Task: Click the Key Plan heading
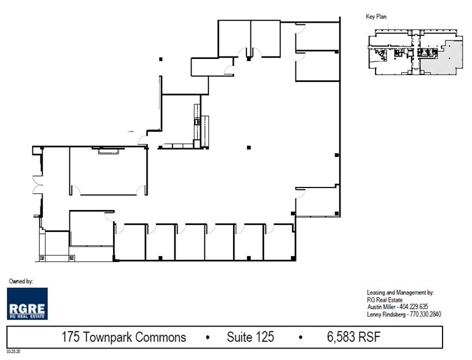tap(376, 17)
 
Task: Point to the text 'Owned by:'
tap(21, 281)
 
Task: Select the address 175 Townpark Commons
tap(123, 337)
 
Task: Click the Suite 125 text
tap(250, 337)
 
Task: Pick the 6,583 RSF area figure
tap(352, 337)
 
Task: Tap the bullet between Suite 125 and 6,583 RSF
tap(300, 337)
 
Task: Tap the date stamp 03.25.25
tap(13, 350)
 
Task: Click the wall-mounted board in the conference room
tap(108, 151)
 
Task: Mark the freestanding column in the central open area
tap(249, 148)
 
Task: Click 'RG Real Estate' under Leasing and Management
tap(385, 299)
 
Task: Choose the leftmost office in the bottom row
tap(130, 242)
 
